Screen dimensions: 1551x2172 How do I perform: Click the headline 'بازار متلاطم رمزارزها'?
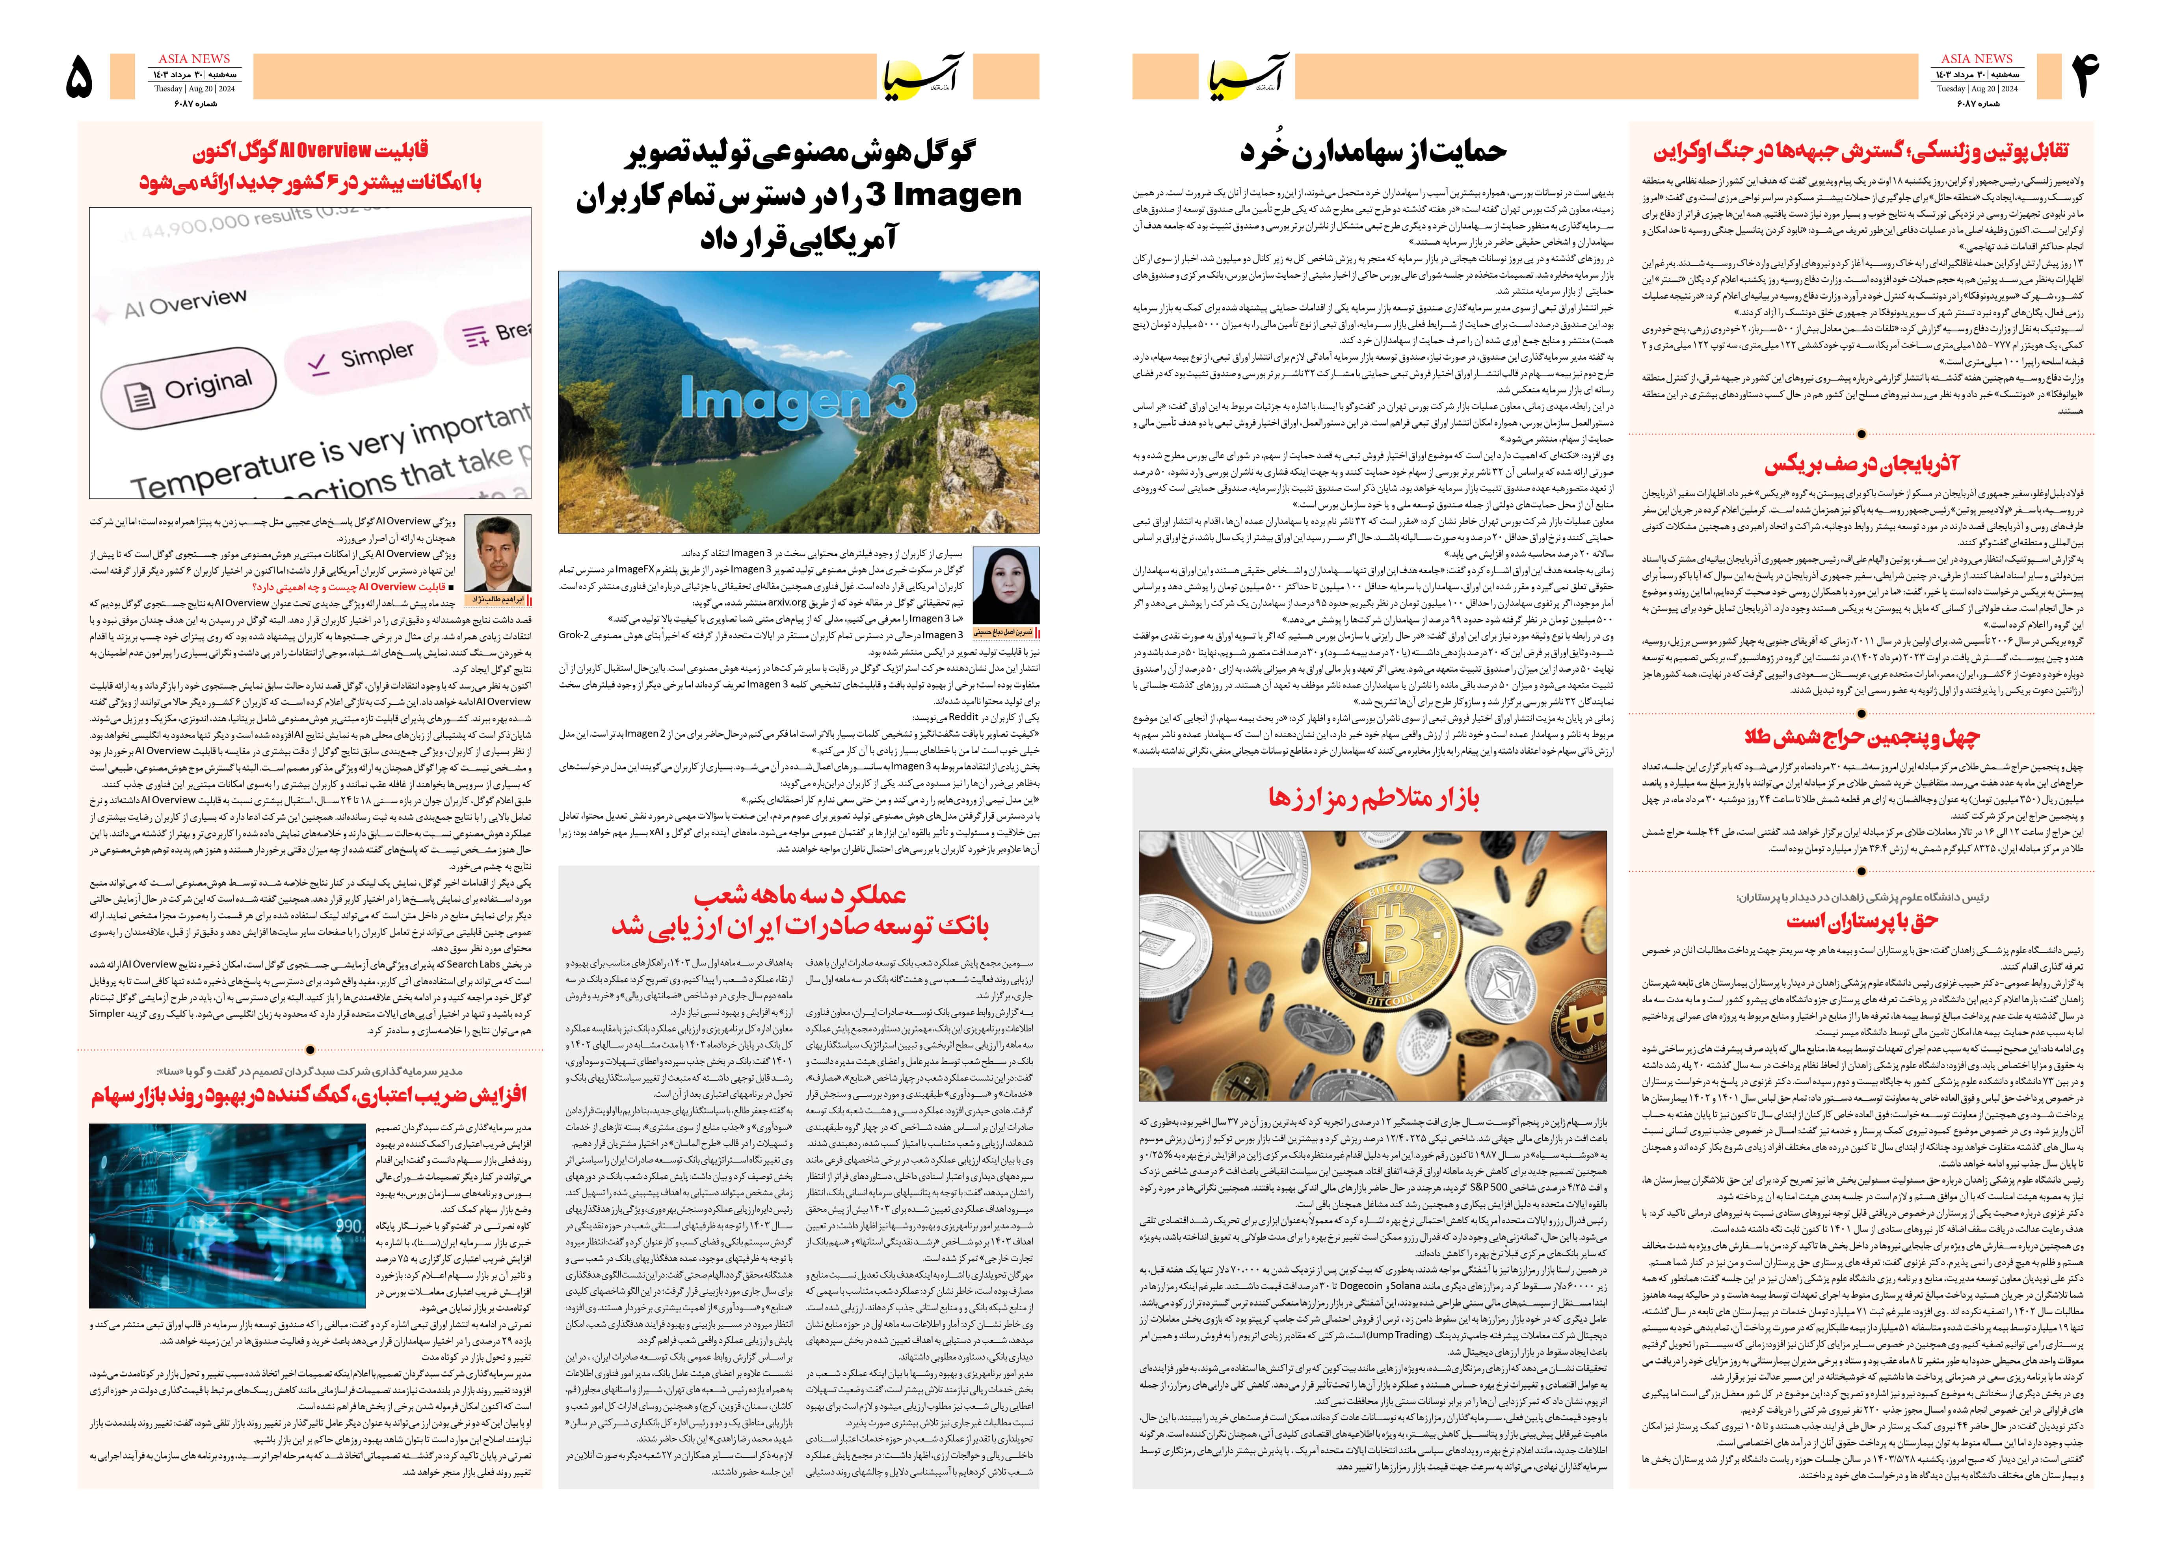pyautogui.click(x=1374, y=799)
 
